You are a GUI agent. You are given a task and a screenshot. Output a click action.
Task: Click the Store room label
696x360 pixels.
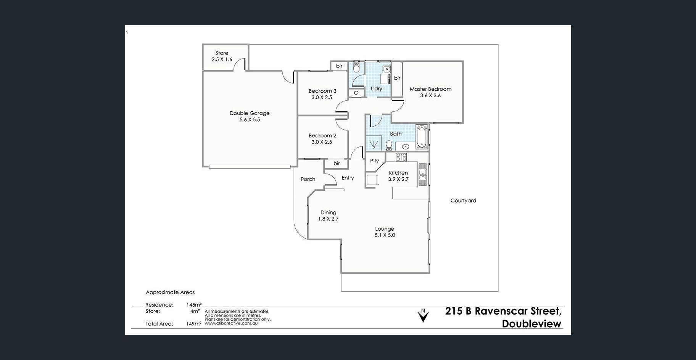pyautogui.click(x=222, y=53)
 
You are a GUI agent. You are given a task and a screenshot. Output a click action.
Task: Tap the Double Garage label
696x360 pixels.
pyautogui.click(x=250, y=113)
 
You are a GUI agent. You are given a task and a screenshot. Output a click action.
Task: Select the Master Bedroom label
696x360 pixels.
pyautogui.click(x=430, y=89)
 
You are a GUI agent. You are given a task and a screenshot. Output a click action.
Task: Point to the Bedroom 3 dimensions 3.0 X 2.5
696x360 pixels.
pyautogui.click(x=322, y=97)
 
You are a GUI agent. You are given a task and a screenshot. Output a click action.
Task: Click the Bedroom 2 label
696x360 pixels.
pyautogui.click(x=322, y=135)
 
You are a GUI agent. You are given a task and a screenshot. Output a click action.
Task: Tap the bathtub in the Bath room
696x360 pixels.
pyautogui.click(x=422, y=137)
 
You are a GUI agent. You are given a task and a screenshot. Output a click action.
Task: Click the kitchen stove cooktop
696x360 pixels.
pyautogui.click(x=401, y=157)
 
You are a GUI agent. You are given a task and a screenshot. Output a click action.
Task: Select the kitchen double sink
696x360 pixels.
pyautogui.click(x=422, y=174)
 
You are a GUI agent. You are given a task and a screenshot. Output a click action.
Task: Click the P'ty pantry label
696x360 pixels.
pyautogui.click(x=374, y=161)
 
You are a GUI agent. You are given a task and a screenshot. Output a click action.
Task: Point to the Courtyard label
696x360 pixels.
pyautogui.click(x=463, y=200)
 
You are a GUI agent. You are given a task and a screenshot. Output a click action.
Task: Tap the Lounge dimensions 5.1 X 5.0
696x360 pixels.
pyautogui.click(x=385, y=235)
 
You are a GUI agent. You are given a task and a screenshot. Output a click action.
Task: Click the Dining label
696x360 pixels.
pyautogui.click(x=328, y=212)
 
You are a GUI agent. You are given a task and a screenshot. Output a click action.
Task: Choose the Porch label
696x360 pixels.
pyautogui.click(x=308, y=179)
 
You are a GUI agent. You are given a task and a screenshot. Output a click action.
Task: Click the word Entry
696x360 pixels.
pyautogui.click(x=348, y=178)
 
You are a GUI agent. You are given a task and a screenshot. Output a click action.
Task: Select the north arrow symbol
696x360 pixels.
pyautogui.click(x=423, y=315)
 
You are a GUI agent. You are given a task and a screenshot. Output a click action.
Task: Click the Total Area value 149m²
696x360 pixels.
pyautogui.click(x=194, y=324)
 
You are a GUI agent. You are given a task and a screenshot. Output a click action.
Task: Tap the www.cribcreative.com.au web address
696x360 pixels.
pyautogui.click(x=231, y=323)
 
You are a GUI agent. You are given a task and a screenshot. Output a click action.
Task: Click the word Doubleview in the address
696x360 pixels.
pyautogui.click(x=532, y=324)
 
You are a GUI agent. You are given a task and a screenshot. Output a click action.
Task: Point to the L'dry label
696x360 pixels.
pyautogui.click(x=376, y=88)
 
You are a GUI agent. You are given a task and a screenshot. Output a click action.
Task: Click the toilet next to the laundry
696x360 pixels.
pyautogui.click(x=356, y=67)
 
